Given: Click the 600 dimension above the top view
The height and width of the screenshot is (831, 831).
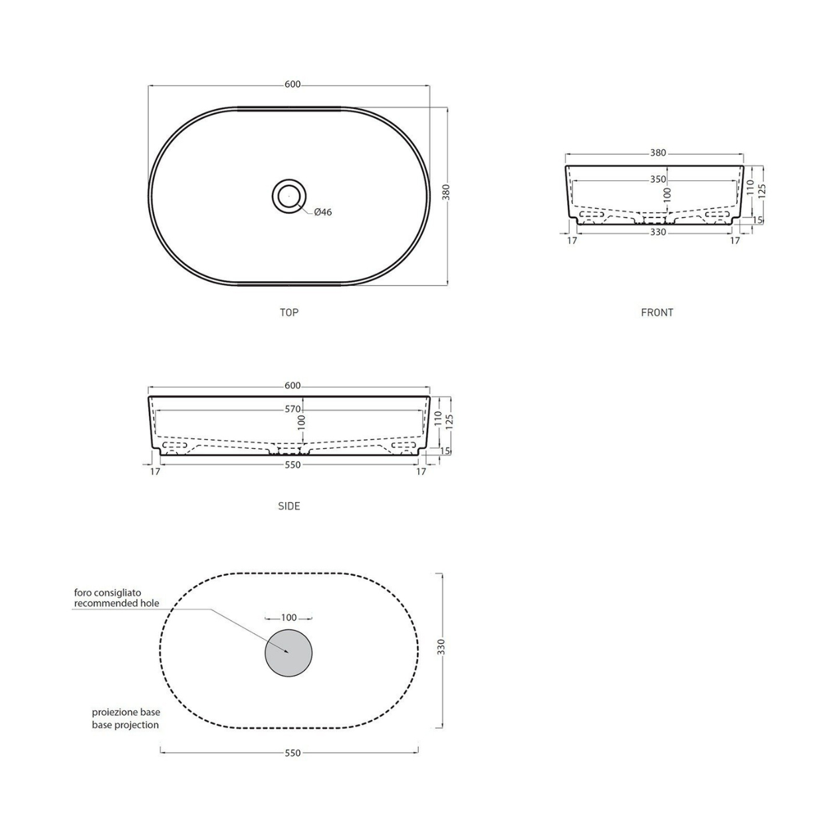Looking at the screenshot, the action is (293, 84).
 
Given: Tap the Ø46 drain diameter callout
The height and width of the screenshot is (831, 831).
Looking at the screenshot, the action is (323, 212).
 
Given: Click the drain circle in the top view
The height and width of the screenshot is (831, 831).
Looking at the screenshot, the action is (289, 196).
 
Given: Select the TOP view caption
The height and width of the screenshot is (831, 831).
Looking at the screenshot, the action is (289, 312).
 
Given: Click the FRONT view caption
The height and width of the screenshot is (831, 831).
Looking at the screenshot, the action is (657, 312).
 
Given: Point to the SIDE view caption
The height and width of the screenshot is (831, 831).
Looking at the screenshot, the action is (289, 506).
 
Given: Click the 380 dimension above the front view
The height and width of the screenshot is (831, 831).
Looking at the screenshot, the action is (658, 153).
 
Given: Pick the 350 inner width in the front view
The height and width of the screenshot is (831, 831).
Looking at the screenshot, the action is (658, 179).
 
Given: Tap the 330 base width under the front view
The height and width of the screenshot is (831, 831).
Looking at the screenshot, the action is (658, 232).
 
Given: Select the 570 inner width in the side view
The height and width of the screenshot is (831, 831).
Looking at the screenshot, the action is (293, 409).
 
